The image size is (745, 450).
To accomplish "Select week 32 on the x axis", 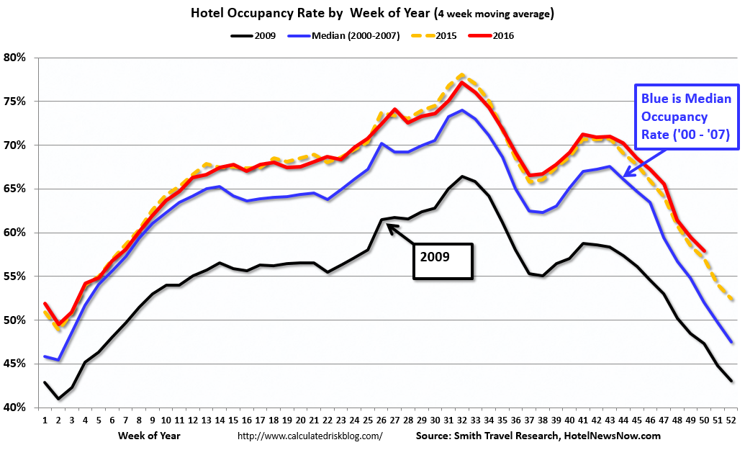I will point(461,420).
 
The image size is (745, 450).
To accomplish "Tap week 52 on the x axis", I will point(731,420).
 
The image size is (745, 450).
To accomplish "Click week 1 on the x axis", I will point(45,420).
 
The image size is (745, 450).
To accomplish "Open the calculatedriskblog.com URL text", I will point(310,436).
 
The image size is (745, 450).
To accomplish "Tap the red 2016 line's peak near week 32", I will point(461,82).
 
